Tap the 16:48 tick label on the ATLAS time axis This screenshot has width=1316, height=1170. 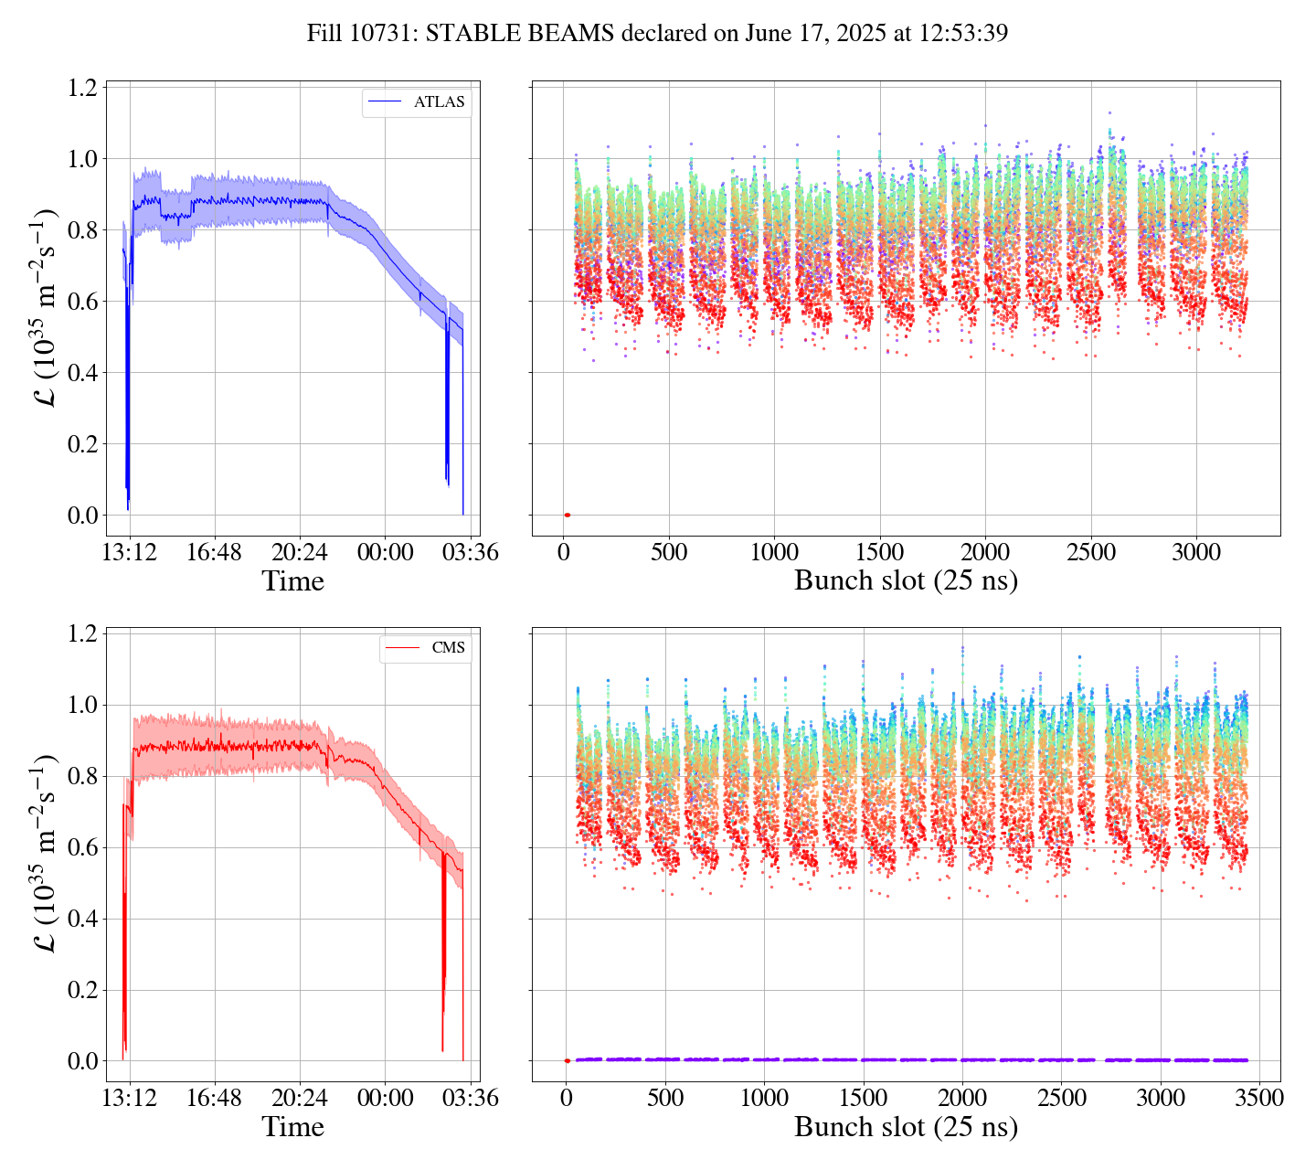pos(215,553)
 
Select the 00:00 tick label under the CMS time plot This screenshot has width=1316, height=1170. pos(385,1099)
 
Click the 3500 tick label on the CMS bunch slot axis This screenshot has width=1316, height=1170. pos(1258,1099)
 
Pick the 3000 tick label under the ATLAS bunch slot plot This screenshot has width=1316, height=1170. pos(1196,553)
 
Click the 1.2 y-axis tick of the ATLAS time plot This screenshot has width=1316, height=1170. pos(82,88)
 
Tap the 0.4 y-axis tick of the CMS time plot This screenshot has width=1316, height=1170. pos(82,919)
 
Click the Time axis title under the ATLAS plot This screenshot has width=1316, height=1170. pos(292,581)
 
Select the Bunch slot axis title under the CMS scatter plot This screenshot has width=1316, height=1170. pos(906,1127)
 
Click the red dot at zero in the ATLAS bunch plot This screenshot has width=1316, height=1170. pos(567,516)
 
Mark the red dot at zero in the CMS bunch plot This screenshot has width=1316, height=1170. pos(567,1061)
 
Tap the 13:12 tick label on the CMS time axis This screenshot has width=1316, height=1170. pos(130,1099)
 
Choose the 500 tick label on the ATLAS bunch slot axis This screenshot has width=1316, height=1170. pos(669,553)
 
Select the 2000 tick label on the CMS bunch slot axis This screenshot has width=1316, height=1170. pos(961,1099)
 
